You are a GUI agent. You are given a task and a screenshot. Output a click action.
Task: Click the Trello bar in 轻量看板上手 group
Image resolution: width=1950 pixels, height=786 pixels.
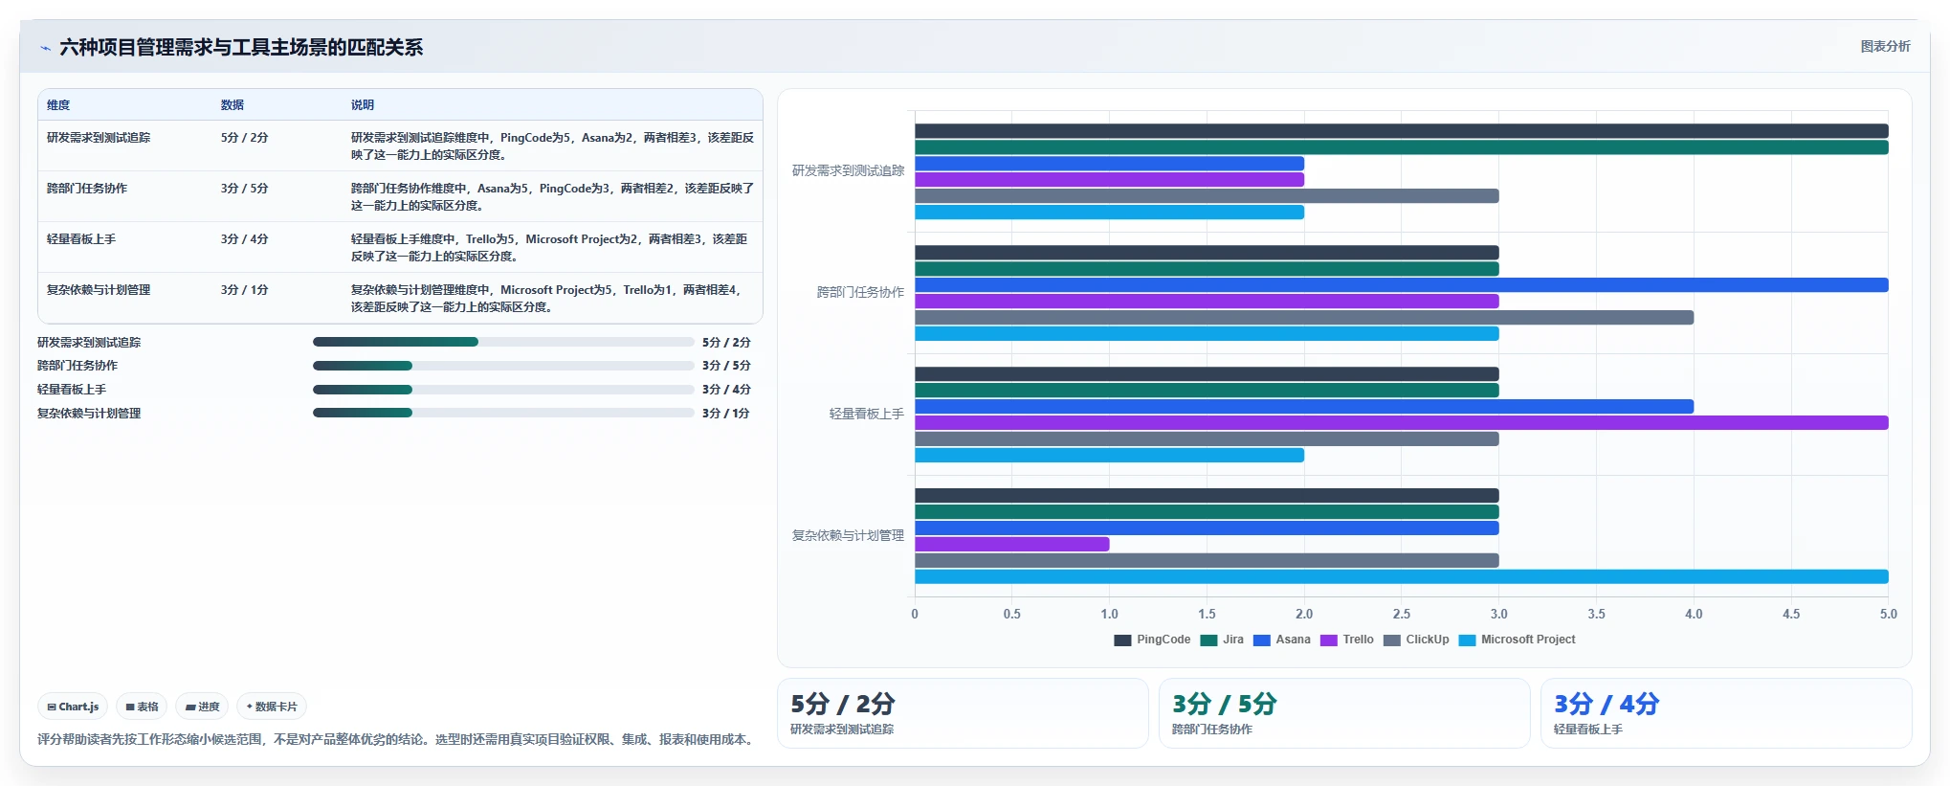point(1401,422)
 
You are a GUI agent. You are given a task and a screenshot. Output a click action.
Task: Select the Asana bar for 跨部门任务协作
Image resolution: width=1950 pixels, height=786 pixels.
point(1401,285)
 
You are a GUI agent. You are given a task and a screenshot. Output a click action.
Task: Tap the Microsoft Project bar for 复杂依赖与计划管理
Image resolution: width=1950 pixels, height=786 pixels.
point(1401,576)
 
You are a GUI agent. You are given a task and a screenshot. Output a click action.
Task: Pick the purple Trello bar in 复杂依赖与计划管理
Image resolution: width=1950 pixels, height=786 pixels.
point(1011,544)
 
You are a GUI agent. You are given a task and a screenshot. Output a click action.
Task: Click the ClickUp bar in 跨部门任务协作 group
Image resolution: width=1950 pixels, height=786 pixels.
point(1304,317)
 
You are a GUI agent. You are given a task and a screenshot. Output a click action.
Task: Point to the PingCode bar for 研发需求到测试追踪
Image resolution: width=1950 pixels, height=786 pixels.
point(1401,131)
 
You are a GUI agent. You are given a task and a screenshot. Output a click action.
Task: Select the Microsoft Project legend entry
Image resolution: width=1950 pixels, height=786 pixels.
point(1517,640)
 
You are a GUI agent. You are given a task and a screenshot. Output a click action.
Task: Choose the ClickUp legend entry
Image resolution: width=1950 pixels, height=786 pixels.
point(1416,640)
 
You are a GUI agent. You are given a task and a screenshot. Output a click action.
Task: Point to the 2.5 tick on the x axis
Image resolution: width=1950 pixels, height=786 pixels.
point(1402,614)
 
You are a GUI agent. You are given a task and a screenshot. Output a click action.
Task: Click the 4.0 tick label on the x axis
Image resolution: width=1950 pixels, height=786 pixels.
point(1694,614)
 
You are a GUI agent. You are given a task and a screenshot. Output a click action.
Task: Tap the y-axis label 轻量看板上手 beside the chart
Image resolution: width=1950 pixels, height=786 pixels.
point(866,414)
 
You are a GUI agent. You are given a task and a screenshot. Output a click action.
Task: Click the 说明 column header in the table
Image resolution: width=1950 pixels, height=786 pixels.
point(363,105)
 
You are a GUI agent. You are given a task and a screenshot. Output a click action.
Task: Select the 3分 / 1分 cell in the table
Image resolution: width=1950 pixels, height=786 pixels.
point(245,290)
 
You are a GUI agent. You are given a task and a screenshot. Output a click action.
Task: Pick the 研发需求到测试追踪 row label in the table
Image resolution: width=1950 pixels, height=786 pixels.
point(99,138)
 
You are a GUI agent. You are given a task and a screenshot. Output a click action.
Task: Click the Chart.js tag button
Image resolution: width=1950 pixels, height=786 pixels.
point(73,707)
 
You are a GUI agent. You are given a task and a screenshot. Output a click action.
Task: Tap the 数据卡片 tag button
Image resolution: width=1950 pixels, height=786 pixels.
point(272,707)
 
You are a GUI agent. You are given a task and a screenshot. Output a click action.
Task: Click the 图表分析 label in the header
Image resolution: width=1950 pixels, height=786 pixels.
point(1885,46)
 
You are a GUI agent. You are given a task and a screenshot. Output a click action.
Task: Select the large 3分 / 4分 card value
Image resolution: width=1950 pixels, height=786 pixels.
point(1607,704)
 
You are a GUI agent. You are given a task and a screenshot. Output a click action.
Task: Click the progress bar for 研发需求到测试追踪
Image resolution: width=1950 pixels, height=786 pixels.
point(503,342)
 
